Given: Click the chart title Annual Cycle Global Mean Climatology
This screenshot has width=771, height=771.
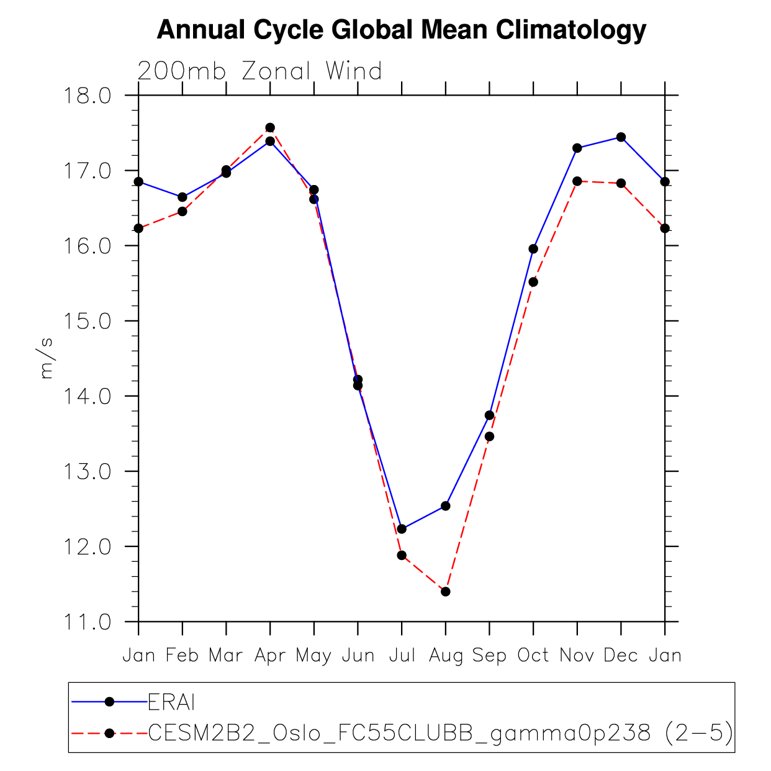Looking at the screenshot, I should [401, 30].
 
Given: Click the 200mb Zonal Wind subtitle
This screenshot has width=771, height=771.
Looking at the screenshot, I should [259, 71].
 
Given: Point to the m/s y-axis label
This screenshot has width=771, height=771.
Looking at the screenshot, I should [47, 358].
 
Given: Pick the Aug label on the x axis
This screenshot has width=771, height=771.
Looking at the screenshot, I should [446, 656].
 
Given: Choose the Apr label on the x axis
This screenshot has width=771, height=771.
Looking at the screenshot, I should [270, 656].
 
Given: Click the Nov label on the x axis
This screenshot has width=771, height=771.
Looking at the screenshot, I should [577, 656].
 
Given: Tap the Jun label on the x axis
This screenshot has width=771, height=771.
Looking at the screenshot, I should [358, 656].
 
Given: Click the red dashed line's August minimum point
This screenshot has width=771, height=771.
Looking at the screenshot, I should [446, 592].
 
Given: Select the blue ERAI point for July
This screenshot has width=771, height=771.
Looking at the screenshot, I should [402, 529].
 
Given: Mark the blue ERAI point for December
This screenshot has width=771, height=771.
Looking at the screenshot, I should [621, 137].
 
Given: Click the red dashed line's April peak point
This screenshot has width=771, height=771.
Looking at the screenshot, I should [270, 128].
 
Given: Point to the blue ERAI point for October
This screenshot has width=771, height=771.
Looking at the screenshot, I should [533, 249].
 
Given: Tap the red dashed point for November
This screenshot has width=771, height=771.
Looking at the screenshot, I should [577, 181].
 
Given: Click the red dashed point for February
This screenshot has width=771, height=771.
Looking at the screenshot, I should [183, 212].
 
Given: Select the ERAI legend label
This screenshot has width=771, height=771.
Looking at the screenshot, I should [172, 702].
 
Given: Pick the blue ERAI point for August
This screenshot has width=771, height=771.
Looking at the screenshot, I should [446, 506].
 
